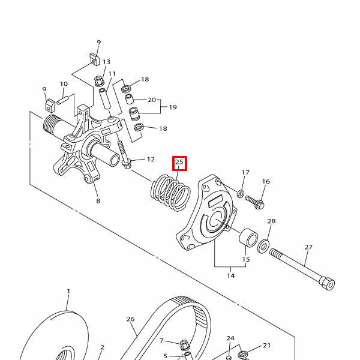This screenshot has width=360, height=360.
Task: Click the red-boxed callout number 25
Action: (179, 162)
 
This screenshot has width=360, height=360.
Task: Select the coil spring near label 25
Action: (171, 193)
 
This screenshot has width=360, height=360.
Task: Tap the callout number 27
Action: (308, 247)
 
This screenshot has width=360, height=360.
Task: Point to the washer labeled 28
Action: (263, 246)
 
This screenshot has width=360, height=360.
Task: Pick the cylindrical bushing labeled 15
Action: (248, 238)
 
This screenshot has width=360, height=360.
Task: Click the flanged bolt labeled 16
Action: (255, 202)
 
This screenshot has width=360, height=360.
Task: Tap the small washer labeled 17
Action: (241, 194)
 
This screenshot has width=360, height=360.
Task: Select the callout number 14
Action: (231, 275)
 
